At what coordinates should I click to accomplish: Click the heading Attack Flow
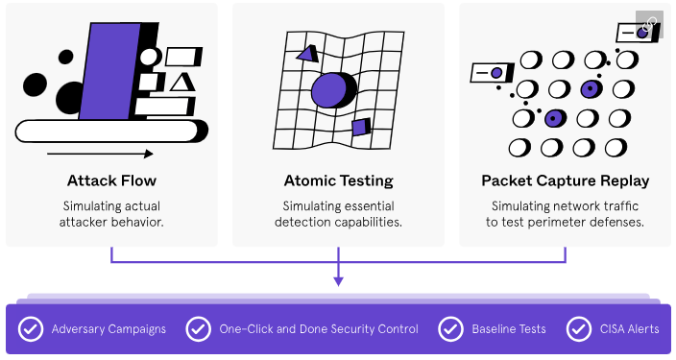[x=111, y=180]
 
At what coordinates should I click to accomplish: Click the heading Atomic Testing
[x=338, y=180]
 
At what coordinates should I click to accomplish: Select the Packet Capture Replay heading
[x=566, y=180]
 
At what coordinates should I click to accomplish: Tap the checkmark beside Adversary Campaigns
[x=31, y=329]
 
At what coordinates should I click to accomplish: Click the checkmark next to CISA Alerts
[x=579, y=329]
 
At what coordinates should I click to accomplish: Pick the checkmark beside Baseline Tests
[x=450, y=329]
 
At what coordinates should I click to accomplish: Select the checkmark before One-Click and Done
[x=199, y=329]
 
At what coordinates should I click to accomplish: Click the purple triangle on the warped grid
[x=308, y=54]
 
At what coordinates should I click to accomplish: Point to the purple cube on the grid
[x=361, y=127]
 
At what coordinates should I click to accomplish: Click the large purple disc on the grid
[x=332, y=90]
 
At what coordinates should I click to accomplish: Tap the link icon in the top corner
[x=649, y=24]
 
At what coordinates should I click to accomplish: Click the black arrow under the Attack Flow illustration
[x=100, y=154]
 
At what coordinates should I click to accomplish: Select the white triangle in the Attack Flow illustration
[x=182, y=83]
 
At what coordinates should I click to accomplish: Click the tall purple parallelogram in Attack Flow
[x=109, y=71]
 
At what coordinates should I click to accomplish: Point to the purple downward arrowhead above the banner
[x=338, y=281]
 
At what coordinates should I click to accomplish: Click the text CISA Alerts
[x=630, y=329]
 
